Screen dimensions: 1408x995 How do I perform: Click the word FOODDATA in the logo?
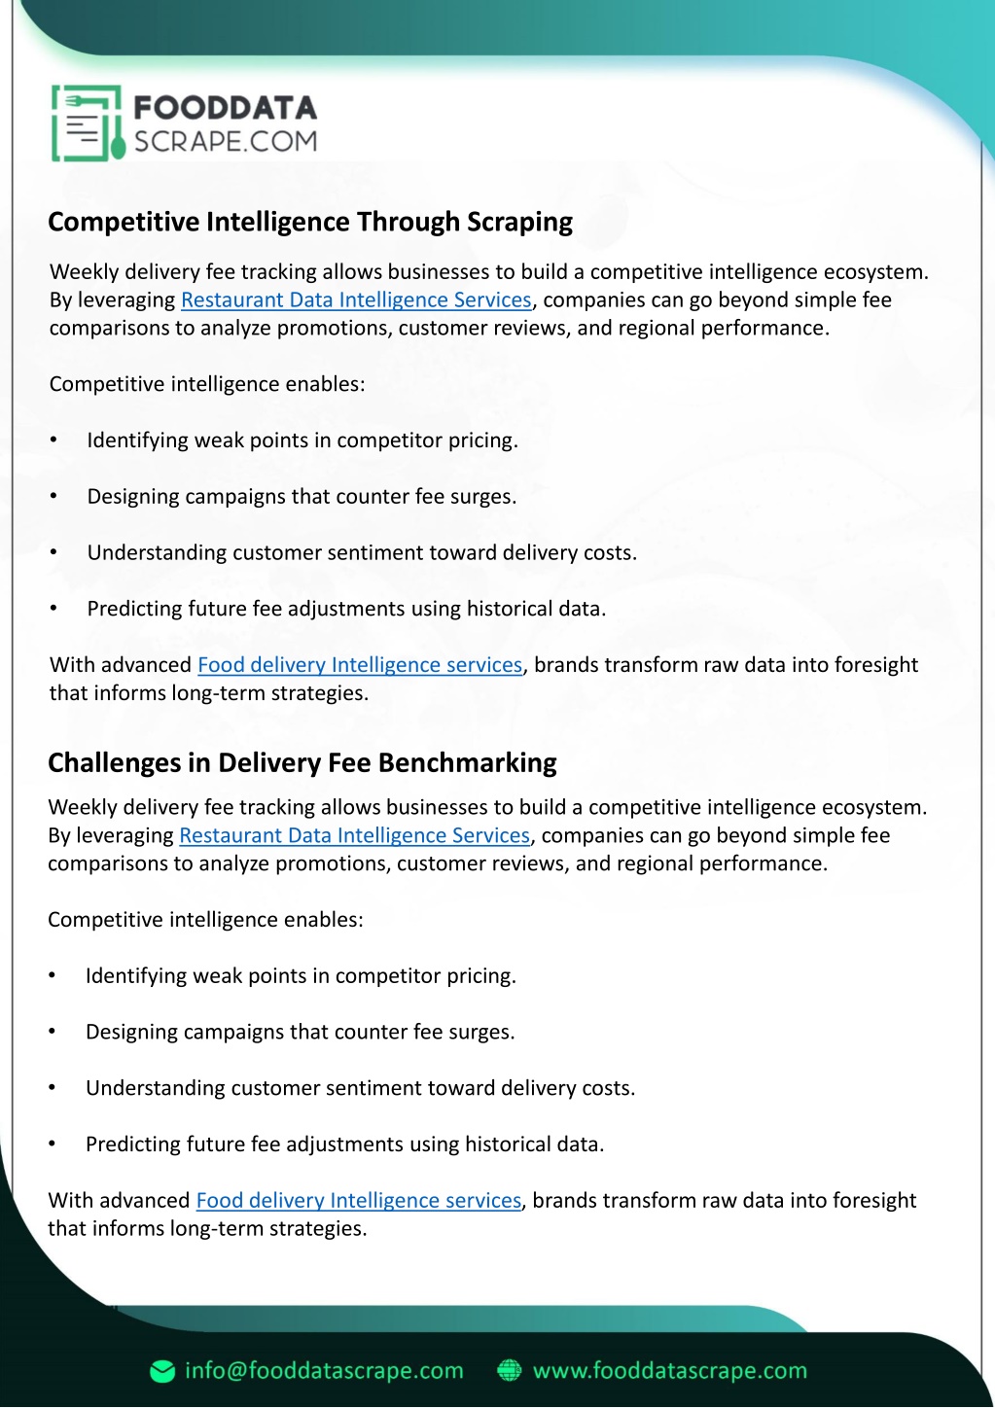[225, 107]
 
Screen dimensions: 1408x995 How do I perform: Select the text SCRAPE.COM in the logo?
[225, 142]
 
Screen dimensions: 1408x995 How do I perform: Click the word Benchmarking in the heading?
[467, 762]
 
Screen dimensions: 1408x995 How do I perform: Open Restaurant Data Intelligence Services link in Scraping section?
[356, 299]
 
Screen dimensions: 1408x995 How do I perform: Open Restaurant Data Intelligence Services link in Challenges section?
[354, 835]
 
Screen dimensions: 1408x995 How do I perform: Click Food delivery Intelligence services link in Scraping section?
[360, 665]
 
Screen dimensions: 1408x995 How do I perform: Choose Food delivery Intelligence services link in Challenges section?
[358, 1201]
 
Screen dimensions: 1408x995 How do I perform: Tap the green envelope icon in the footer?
[162, 1371]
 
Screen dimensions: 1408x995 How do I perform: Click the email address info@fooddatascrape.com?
[324, 1371]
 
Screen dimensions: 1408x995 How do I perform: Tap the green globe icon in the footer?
[509, 1371]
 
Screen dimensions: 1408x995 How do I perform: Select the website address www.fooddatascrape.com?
[670, 1371]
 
